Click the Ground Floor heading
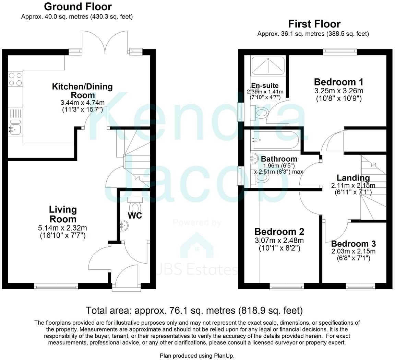click(x=78, y=7)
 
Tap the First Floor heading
click(x=314, y=24)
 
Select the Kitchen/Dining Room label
click(x=82, y=91)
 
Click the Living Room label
click(x=63, y=214)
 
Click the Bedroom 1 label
click(x=338, y=82)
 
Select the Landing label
click(x=353, y=178)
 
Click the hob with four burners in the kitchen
click(x=15, y=79)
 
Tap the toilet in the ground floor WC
click(x=135, y=207)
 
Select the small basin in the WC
click(x=123, y=225)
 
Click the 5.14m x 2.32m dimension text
click(x=63, y=228)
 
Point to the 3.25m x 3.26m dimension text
click(x=338, y=91)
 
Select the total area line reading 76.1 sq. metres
click(x=194, y=311)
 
